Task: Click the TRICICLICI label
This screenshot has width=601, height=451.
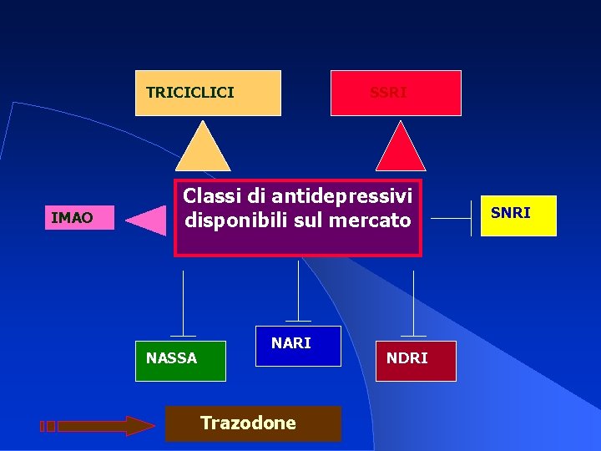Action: coord(190,93)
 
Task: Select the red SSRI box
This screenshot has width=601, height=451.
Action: coord(396,93)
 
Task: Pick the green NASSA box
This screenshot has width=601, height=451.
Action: coord(181,360)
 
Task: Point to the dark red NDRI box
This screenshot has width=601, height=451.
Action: coord(415,360)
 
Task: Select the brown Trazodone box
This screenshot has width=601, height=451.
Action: coord(253,423)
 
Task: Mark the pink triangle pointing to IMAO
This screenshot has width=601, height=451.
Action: coord(148,220)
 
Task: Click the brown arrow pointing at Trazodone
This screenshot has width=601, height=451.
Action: coord(100,426)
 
